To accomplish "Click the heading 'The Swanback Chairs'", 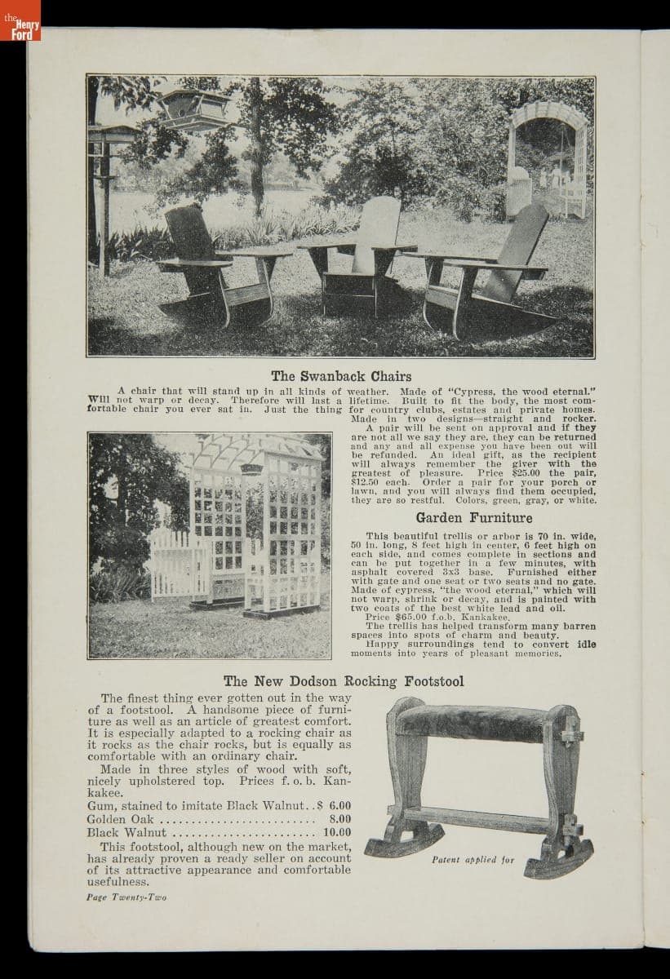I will click(341, 376).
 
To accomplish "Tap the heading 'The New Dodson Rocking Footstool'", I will click(344, 680).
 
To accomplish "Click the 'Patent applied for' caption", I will click(473, 859).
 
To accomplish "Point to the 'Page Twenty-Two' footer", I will click(126, 897).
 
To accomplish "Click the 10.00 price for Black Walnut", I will click(337, 833).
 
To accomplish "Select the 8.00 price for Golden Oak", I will click(339, 818).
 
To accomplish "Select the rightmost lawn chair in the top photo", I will click(490, 273).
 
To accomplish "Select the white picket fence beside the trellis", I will click(173, 563).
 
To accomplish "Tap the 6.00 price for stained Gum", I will click(339, 805).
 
